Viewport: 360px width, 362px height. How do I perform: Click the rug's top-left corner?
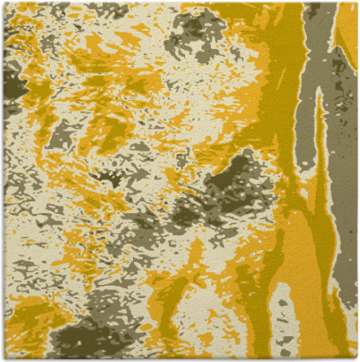pos(3,3)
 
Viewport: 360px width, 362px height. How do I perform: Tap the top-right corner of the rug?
pos(356,3)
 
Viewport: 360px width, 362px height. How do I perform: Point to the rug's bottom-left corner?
pos(3,358)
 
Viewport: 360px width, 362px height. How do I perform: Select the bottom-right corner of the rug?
pos(356,358)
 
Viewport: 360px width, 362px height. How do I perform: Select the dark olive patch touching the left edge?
pos(11,84)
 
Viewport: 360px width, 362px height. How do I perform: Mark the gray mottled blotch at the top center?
pos(200,35)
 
